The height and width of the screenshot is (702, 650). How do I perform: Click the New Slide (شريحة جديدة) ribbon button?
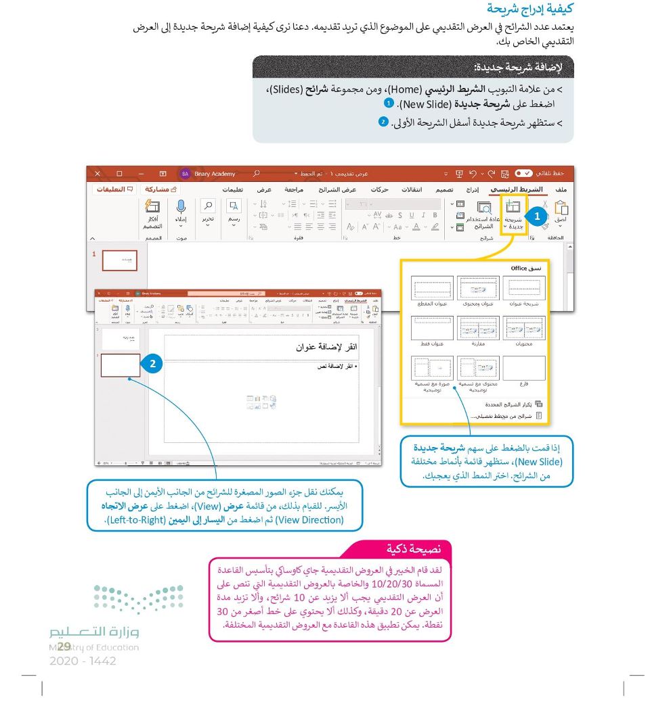(514, 215)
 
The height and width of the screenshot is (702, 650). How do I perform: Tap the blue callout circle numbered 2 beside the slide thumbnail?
(153, 364)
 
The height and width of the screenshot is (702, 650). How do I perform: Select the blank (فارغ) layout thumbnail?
(523, 369)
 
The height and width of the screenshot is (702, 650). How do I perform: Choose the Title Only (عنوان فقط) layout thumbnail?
(431, 328)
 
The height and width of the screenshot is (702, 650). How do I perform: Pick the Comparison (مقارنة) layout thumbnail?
(479, 328)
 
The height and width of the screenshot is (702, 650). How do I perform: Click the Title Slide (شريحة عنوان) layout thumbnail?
(523, 288)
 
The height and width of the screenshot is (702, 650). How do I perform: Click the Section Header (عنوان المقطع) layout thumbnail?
(431, 288)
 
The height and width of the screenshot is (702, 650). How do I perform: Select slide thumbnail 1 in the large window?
(119, 260)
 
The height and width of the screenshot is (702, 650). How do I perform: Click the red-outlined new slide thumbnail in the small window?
(120, 365)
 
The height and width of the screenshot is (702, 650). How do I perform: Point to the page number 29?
(65, 647)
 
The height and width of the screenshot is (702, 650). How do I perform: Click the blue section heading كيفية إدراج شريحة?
(530, 9)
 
